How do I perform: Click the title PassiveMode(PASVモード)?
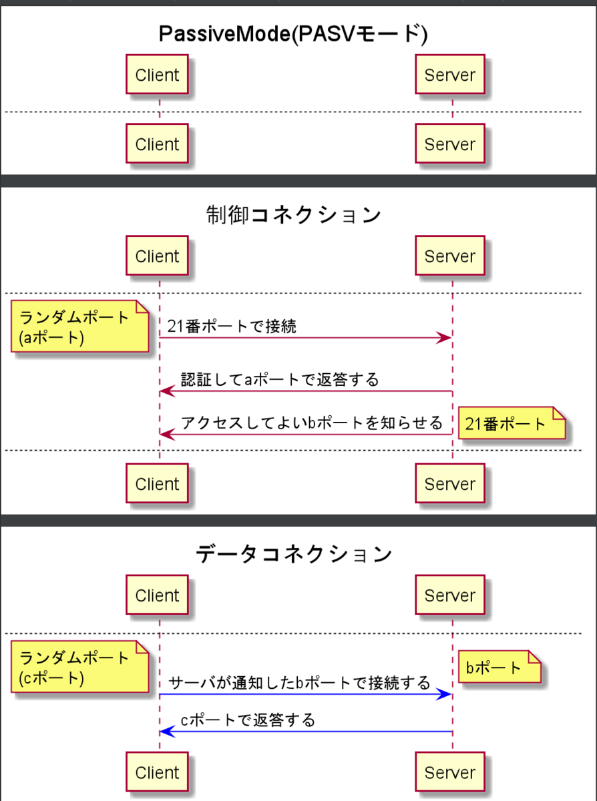[293, 34]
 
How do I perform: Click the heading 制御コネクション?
[293, 215]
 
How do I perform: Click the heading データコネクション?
[293, 554]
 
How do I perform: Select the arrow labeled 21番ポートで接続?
[305, 338]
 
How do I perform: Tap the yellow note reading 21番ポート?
[510, 424]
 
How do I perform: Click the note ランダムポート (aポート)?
[78, 327]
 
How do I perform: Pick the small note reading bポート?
[497, 667]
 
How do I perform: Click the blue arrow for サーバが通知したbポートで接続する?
[305, 695]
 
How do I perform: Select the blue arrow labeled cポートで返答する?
[305, 732]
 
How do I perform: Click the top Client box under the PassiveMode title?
[157, 75]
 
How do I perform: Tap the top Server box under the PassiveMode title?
[450, 75]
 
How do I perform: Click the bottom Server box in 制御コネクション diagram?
[450, 484]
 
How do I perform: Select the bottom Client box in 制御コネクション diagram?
[157, 484]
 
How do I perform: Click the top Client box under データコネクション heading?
[157, 595]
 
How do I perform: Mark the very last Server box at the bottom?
[450, 773]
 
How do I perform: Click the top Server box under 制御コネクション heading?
[450, 256]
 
